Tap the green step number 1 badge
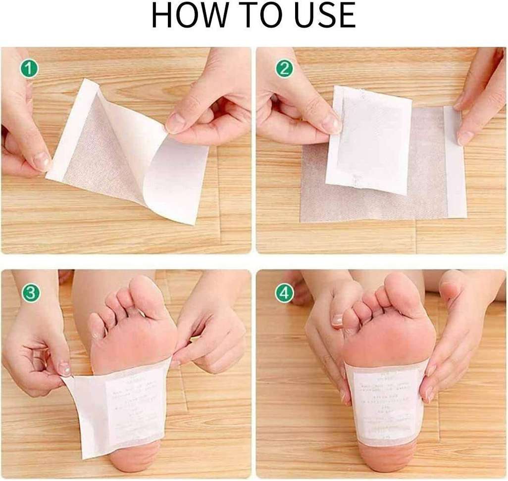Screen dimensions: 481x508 coord(29,69)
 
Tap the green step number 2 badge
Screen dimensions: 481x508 coord(284,69)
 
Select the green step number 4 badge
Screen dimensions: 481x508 coord(284,293)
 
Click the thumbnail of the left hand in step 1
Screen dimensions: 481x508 coord(42,161)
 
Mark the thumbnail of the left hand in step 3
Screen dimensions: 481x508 coord(64,369)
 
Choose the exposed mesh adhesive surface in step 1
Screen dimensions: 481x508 coord(99,158)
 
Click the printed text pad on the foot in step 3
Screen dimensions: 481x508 coord(136,401)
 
